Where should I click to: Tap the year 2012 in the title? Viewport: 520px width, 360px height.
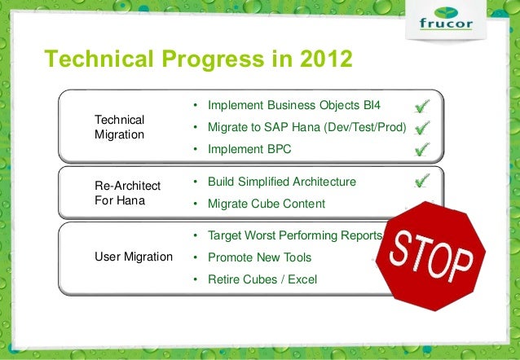(326, 59)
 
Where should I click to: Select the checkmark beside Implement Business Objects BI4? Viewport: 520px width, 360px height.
(422, 106)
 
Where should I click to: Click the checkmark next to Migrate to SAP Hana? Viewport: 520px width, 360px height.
(422, 128)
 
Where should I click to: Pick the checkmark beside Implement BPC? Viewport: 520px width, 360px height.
(422, 149)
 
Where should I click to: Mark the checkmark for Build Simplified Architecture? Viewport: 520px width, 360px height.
(422, 181)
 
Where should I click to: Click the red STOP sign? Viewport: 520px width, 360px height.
(431, 257)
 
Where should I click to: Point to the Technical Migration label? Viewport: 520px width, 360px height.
(119, 127)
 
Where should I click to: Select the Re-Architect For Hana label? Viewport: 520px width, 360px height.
(128, 193)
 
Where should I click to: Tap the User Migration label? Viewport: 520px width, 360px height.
(134, 257)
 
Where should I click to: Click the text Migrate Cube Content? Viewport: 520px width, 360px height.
(267, 204)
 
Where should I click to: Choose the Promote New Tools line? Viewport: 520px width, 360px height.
(260, 257)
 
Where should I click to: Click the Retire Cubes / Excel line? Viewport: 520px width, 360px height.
(262, 279)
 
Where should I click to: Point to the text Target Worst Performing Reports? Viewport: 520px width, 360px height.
(295, 235)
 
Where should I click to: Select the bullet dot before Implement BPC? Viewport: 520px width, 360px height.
(196, 150)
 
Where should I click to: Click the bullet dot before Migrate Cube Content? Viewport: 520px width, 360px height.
(196, 204)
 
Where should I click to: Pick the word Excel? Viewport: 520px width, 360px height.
(302, 279)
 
